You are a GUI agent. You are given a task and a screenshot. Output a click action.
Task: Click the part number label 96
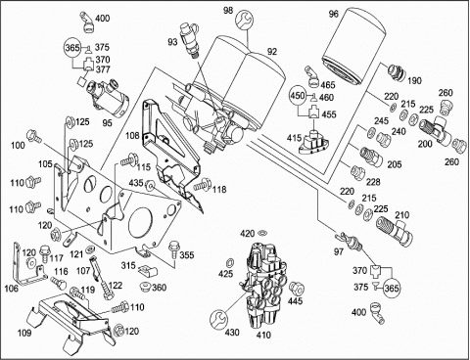[334, 14]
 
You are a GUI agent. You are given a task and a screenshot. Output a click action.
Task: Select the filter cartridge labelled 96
[354, 48]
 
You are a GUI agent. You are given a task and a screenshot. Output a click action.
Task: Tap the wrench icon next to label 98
[244, 20]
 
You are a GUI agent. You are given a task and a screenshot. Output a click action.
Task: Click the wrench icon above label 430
[218, 319]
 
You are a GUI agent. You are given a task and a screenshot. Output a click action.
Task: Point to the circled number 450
[299, 96]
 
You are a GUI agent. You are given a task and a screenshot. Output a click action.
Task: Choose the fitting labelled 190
[396, 72]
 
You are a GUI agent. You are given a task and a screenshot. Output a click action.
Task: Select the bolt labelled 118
[202, 185]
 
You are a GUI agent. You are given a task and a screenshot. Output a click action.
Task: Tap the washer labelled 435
[151, 185]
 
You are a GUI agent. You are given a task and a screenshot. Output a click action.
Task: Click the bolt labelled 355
[173, 250]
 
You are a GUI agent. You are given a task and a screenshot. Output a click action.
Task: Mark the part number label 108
[132, 135]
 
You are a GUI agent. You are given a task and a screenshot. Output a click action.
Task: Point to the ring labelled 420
[261, 233]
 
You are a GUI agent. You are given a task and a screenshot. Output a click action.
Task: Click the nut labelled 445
[297, 288]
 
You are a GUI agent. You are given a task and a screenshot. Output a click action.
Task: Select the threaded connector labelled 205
[371, 156]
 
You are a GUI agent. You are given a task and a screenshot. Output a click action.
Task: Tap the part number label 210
[402, 215]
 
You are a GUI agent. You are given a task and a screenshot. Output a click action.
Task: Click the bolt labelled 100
[34, 136]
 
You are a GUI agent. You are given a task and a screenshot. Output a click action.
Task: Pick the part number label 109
[24, 333]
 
